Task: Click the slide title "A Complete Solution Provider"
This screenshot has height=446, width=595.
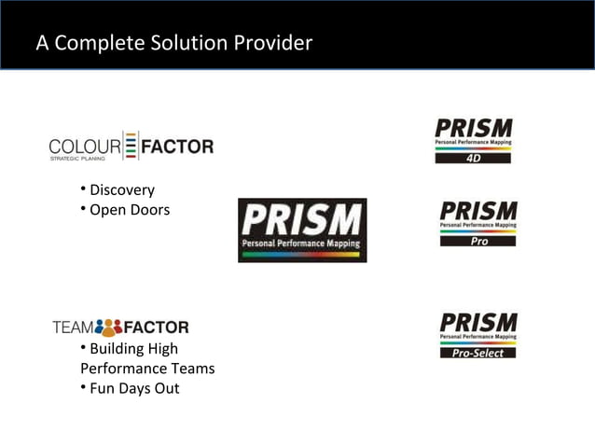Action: [173, 43]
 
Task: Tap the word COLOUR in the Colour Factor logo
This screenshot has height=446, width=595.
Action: [85, 146]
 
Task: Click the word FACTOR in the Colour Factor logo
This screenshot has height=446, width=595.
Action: [177, 146]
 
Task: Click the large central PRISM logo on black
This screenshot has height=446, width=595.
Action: [301, 230]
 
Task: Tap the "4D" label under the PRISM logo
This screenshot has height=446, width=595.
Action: [473, 158]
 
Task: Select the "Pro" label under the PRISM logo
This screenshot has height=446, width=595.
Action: [478, 241]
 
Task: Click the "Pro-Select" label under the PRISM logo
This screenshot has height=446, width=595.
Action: [477, 353]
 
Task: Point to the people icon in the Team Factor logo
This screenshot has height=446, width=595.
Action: [109, 328]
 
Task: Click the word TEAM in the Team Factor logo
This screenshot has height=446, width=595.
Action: [73, 328]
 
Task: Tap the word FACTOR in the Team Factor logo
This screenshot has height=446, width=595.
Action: [156, 328]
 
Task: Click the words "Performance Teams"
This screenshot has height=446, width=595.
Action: [147, 369]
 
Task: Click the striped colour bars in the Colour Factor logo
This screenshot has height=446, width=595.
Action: [131, 146]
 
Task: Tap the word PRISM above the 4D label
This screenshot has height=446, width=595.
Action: [473, 128]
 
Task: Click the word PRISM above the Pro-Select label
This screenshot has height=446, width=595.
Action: [477, 323]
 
